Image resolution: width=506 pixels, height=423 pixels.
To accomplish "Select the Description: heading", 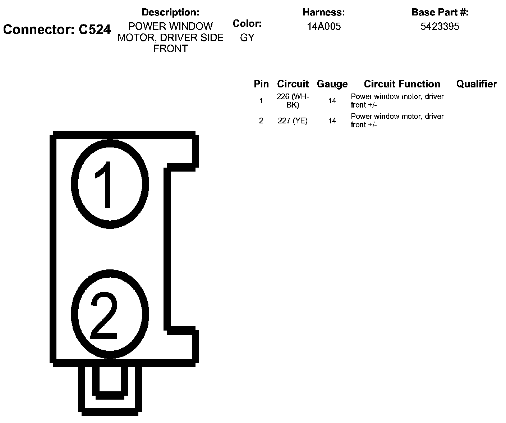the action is [170, 12].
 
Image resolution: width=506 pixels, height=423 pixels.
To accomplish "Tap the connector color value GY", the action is [247, 38].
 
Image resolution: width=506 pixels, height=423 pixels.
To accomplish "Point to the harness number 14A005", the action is [323, 27].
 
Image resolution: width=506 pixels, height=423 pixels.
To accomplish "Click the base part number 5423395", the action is [440, 27].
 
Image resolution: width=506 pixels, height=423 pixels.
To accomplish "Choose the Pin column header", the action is [261, 84].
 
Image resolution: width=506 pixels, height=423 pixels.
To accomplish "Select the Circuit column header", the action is [293, 84].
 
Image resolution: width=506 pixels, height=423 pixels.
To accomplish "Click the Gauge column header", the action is [332, 84].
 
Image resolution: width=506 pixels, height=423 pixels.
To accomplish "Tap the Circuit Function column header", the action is [402, 84].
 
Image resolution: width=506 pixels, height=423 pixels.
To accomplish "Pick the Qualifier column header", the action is [477, 84].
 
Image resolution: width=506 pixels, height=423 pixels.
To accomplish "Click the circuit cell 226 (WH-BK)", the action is [293, 101].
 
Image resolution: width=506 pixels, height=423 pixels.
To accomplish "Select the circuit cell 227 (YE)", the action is [293, 121].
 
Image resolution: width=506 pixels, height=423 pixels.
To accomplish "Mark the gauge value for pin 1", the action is [332, 101].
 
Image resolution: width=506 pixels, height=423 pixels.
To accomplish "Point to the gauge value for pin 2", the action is [332, 121].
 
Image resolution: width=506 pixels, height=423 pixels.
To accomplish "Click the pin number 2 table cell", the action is [261, 121].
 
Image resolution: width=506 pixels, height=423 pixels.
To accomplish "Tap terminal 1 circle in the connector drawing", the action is [110, 184].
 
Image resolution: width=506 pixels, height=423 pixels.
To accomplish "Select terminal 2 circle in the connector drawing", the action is [110, 314].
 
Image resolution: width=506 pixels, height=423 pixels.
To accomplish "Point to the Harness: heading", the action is [323, 12].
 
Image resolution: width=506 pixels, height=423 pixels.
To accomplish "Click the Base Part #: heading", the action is [440, 12].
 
